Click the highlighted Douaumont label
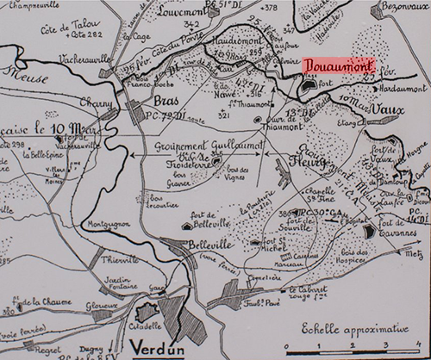337,67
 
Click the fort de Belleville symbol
187,225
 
